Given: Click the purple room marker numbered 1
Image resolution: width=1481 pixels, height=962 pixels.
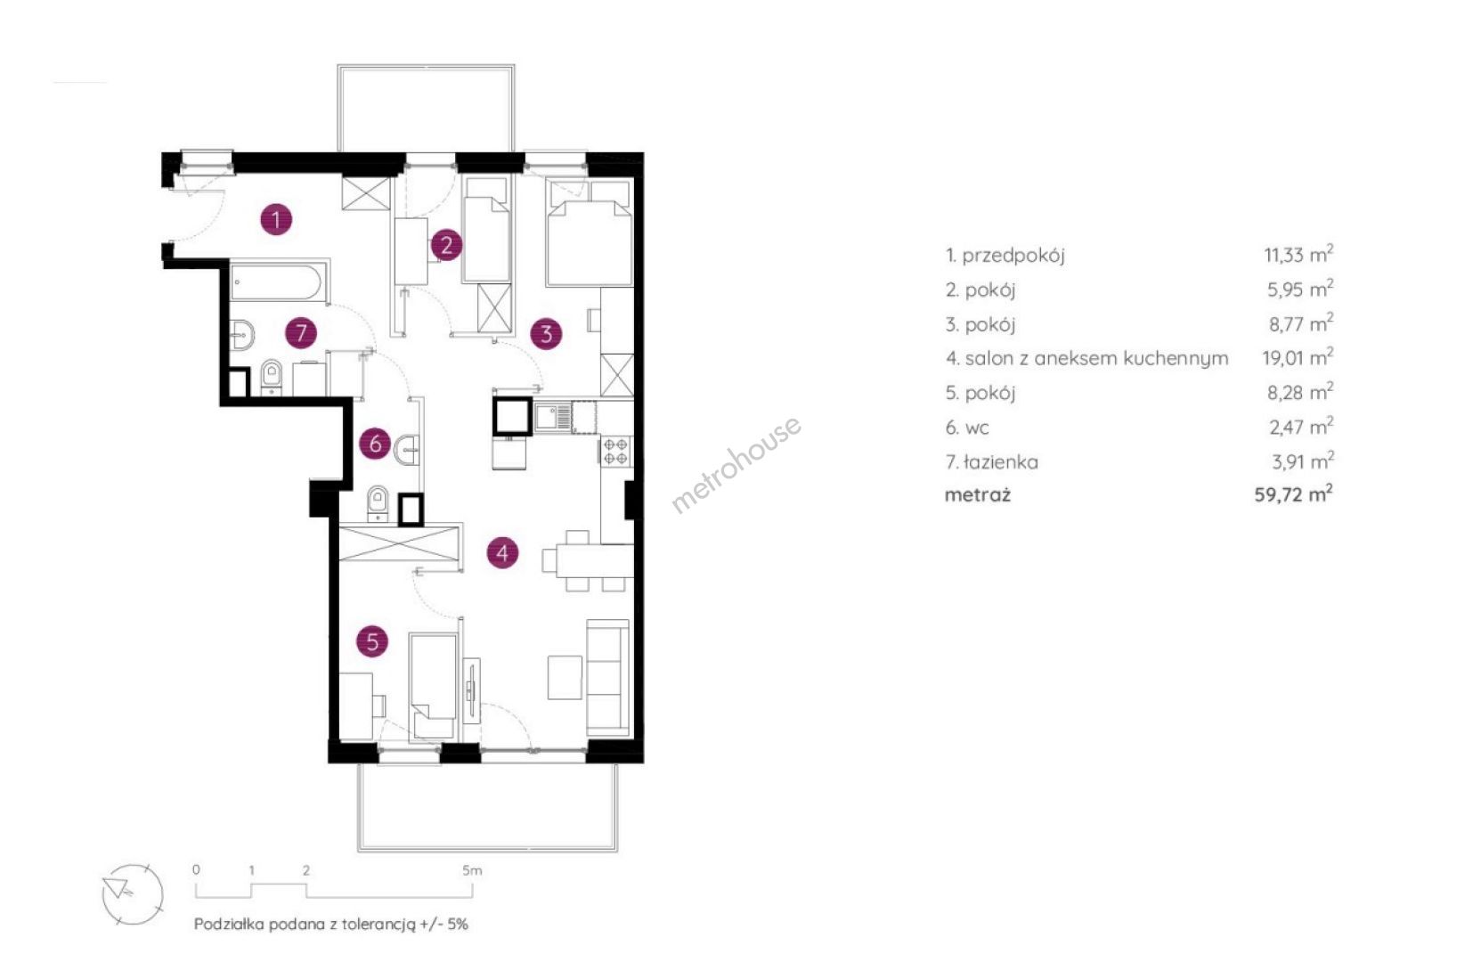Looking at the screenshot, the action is coord(276,219).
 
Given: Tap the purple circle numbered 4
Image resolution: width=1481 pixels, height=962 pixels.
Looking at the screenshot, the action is coord(502,552).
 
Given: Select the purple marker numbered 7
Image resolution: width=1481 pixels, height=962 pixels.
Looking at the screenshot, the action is coord(301,332).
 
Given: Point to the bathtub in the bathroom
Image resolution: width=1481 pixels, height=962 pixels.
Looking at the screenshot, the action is coord(279,281).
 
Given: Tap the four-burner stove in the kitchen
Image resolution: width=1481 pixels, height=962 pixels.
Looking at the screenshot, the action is coord(616,451).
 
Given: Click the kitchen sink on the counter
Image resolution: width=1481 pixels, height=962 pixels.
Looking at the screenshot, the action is coord(552,417).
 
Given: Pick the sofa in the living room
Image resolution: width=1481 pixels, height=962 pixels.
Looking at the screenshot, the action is coord(608,677).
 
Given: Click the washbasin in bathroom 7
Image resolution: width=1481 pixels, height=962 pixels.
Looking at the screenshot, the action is coord(242,335).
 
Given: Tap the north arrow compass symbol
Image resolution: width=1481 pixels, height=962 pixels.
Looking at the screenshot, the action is coord(132,895).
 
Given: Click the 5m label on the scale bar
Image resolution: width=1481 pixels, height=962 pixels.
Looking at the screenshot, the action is coord(472,870).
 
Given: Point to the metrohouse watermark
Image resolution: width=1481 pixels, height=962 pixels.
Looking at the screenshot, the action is coord(736,463).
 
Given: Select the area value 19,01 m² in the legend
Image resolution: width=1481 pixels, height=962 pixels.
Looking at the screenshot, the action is coord(1298,357).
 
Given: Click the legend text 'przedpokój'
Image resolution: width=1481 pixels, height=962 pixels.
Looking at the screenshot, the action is coord(1013,256).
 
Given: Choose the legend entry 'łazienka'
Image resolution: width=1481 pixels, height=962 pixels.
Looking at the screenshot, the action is coord(1000,461).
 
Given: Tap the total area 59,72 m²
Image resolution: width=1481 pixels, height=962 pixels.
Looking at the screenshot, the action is coord(1293,493).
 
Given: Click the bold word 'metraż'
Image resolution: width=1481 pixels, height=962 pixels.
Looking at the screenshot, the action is coord(978,495).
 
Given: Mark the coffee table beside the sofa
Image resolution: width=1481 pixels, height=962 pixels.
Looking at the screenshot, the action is coord(566,677).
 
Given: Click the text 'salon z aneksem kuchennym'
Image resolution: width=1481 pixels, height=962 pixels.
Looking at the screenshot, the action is coord(1096,358).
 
